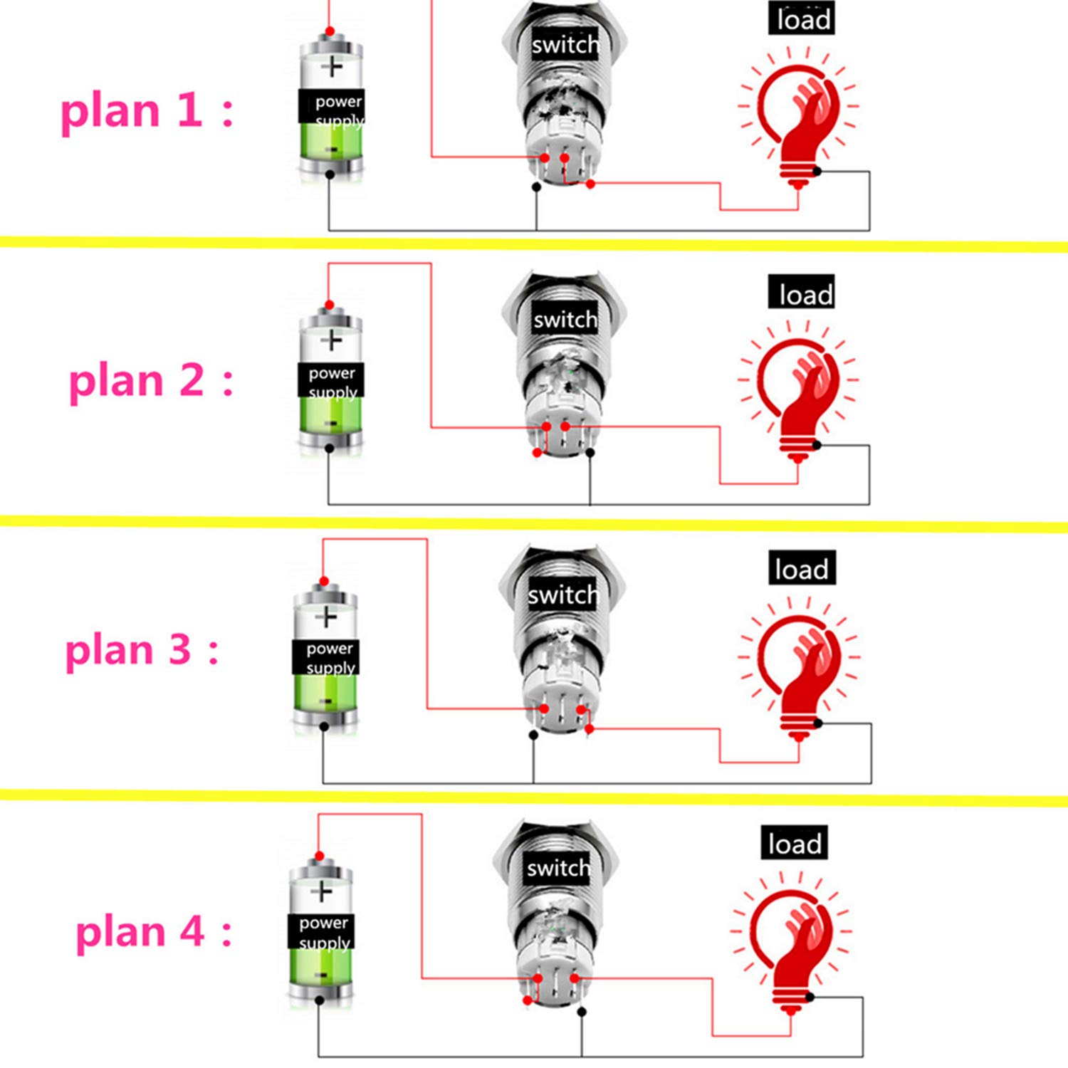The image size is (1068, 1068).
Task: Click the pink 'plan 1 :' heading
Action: [147, 112]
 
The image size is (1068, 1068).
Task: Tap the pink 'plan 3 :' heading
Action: [142, 650]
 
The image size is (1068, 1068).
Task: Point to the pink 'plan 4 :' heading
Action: [154, 931]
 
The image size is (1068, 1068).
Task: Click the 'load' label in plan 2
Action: [802, 293]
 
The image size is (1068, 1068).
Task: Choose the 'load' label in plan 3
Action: [802, 568]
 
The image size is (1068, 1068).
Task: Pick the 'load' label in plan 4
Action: [794, 843]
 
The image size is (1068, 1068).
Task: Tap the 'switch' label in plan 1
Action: [565, 45]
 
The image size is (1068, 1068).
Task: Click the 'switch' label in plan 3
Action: [562, 595]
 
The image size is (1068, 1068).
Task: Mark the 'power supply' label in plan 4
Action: [323, 931]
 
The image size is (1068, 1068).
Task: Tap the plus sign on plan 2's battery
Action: [331, 340]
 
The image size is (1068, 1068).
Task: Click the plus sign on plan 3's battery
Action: [326, 616]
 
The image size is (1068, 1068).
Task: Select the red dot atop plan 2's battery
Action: [329, 305]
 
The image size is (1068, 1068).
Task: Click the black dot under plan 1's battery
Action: [329, 174]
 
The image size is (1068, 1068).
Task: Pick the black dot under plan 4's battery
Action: [319, 1000]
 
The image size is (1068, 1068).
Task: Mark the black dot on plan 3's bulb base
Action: [817, 723]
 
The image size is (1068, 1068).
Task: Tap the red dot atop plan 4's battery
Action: [319, 856]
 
